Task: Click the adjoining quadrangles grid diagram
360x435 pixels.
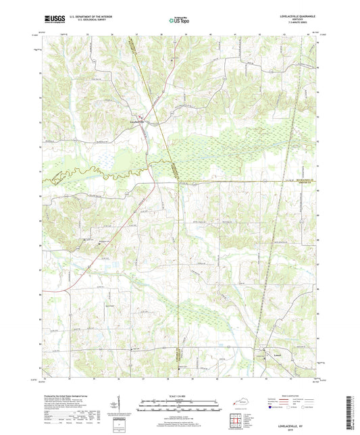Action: point(238,421)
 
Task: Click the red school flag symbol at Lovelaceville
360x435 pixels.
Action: point(142,118)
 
